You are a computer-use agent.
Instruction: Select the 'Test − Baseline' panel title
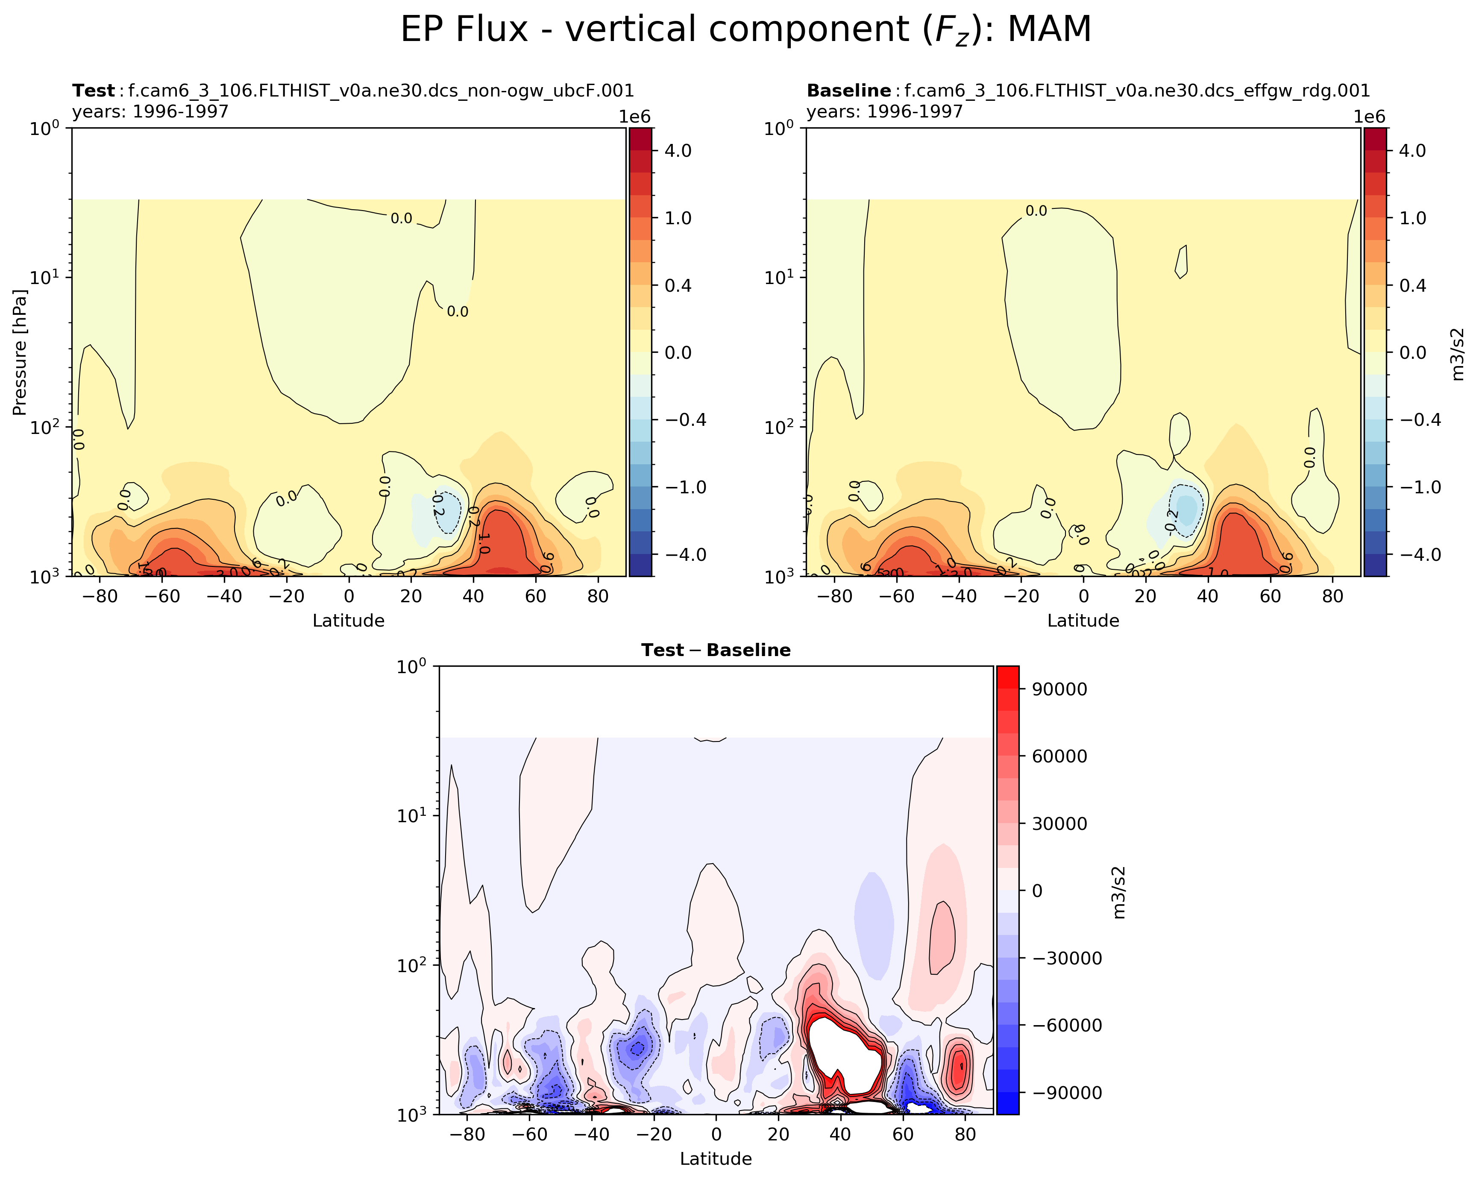pyautogui.click(x=716, y=650)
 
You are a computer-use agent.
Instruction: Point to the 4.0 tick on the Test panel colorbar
pyautogui.click(x=678, y=150)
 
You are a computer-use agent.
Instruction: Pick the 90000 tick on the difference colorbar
pyautogui.click(x=1059, y=689)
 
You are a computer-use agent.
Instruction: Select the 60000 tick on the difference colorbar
pyautogui.click(x=1059, y=756)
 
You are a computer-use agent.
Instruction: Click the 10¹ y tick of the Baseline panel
pyautogui.click(x=779, y=278)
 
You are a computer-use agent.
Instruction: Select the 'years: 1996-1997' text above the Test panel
pyautogui.click(x=150, y=111)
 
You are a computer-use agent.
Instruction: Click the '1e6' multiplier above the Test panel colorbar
pyautogui.click(x=634, y=117)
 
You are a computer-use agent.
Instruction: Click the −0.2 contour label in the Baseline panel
pyautogui.click(x=1171, y=521)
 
